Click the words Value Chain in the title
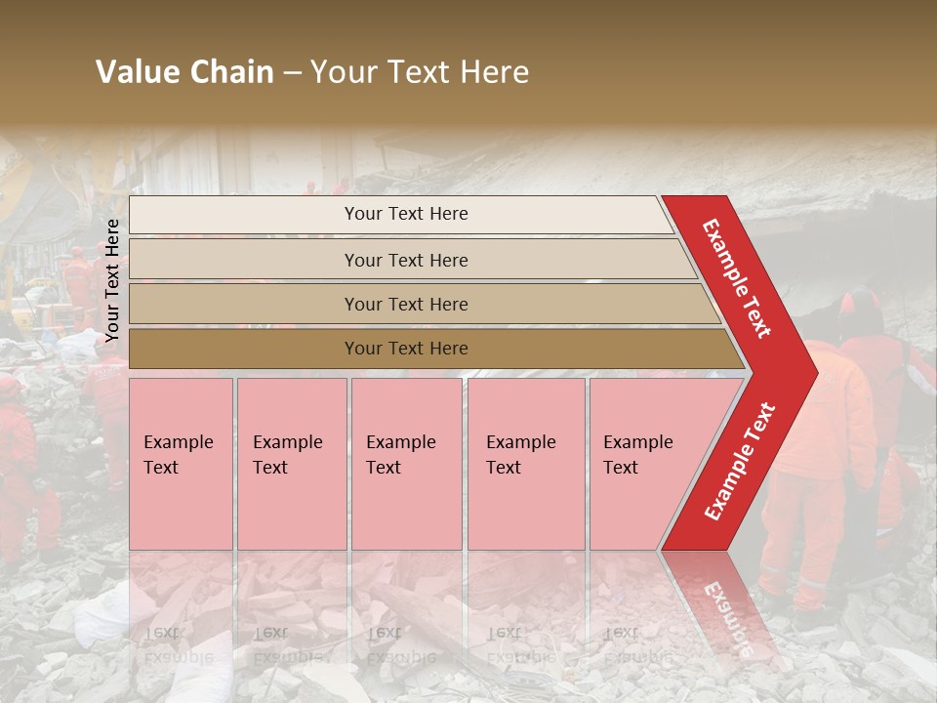(x=184, y=72)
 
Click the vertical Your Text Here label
(x=112, y=280)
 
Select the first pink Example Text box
(x=181, y=464)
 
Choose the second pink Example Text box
(x=292, y=464)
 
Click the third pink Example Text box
(x=406, y=464)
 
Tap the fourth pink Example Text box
(x=526, y=464)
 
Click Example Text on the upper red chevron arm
(x=737, y=277)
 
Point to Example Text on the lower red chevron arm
(x=740, y=461)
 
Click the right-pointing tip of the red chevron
(x=812, y=370)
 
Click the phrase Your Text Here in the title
(x=420, y=72)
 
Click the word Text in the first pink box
(x=161, y=468)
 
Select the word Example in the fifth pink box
(x=637, y=442)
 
